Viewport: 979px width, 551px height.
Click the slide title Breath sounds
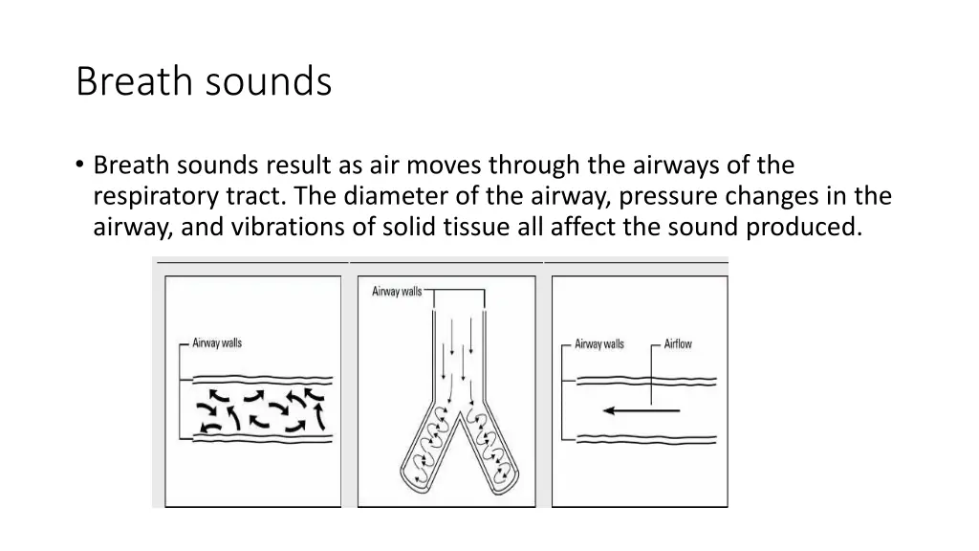tap(204, 82)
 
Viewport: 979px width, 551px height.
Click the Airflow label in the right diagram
tap(678, 344)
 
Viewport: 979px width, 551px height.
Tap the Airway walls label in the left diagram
tap(217, 343)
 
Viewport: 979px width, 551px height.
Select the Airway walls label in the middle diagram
tap(397, 291)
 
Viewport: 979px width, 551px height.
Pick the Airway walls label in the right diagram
tap(599, 344)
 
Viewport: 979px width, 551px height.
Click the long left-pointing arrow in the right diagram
tap(640, 410)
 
